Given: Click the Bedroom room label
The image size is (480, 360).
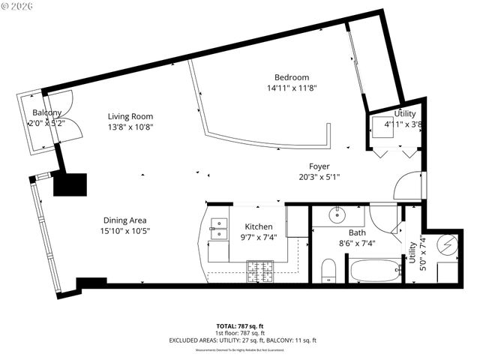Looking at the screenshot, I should coord(291,77).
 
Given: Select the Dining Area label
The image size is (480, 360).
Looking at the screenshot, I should coord(124,220).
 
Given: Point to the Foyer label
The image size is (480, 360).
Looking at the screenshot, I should coord(319,166).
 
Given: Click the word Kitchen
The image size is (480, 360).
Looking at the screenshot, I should coord(259,226).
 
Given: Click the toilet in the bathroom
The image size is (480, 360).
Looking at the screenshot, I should coord(328,270).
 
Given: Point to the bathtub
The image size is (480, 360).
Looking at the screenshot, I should coord(375,270).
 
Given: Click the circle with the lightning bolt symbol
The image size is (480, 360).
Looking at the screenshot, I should coord(447,244).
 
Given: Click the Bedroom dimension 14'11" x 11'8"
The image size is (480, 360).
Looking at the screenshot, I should coord(291,88).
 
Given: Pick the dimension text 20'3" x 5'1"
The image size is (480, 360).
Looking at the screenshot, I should coord(319,178).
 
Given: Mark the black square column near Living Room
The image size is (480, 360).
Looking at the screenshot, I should coord(70,184).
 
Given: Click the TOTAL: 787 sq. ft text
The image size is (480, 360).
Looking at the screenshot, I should coord(240,326).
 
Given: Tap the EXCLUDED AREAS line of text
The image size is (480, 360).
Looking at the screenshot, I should coord(240,340).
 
